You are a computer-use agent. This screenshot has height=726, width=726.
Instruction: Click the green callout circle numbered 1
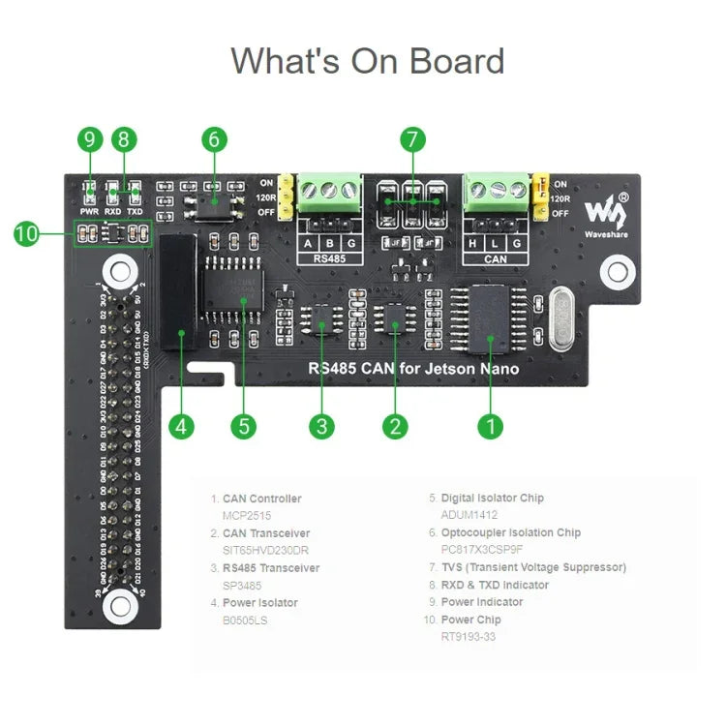pos(491,426)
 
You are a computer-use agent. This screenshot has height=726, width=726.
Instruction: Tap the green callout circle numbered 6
pos(215,139)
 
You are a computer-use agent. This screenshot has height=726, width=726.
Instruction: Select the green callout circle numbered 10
pos(27,233)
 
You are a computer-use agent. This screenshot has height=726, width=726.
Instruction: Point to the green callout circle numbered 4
pos(182,426)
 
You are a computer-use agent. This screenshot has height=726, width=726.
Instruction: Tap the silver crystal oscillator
pos(560,319)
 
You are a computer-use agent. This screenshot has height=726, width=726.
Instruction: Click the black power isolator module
pos(176,290)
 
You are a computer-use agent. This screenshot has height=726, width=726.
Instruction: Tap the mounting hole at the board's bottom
pos(120,606)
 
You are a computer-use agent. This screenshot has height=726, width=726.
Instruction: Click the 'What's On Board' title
pos(367,61)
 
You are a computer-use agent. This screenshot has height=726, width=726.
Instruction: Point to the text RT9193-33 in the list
pos(469,637)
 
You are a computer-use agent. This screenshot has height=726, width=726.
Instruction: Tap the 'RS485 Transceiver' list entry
pos(270,568)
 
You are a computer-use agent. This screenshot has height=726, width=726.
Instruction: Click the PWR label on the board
pos(89,210)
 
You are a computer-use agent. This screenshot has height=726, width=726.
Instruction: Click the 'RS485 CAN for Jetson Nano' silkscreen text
pos(413,369)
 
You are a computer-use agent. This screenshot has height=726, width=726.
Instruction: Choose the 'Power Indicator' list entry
pos(481,602)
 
